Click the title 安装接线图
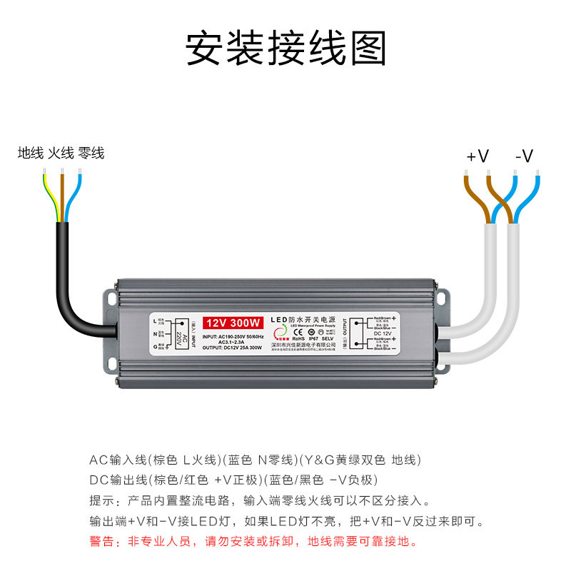(285, 49)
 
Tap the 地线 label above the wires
(31, 153)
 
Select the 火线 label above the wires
(61, 153)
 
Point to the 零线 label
(91, 153)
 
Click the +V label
(477, 156)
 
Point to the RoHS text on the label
(298, 340)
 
